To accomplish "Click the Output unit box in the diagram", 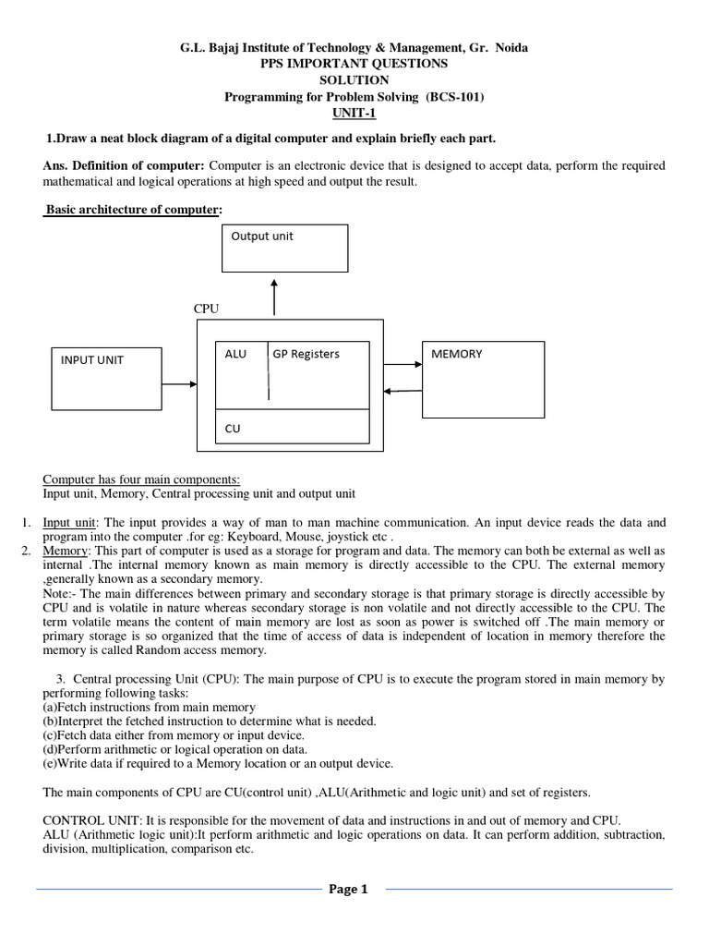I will (x=285, y=248).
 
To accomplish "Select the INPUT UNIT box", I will (x=105, y=378).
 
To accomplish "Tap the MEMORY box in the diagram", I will (x=483, y=379).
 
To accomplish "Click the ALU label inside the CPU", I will (x=235, y=354).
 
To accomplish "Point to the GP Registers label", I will (x=306, y=354).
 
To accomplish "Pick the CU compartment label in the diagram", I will (x=233, y=429).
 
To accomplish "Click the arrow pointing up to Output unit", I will (x=274, y=297).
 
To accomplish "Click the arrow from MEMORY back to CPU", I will (x=403, y=391).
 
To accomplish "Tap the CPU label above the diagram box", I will (x=206, y=308).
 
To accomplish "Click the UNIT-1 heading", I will (x=354, y=114).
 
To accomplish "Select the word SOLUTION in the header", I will (x=354, y=80).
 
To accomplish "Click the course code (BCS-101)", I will (x=454, y=97).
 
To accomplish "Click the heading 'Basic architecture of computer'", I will (x=132, y=210).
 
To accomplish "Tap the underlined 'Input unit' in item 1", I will (x=71, y=522).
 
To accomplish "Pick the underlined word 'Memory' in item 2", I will (x=65, y=551).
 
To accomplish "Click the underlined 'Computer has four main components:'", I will (x=141, y=479).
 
